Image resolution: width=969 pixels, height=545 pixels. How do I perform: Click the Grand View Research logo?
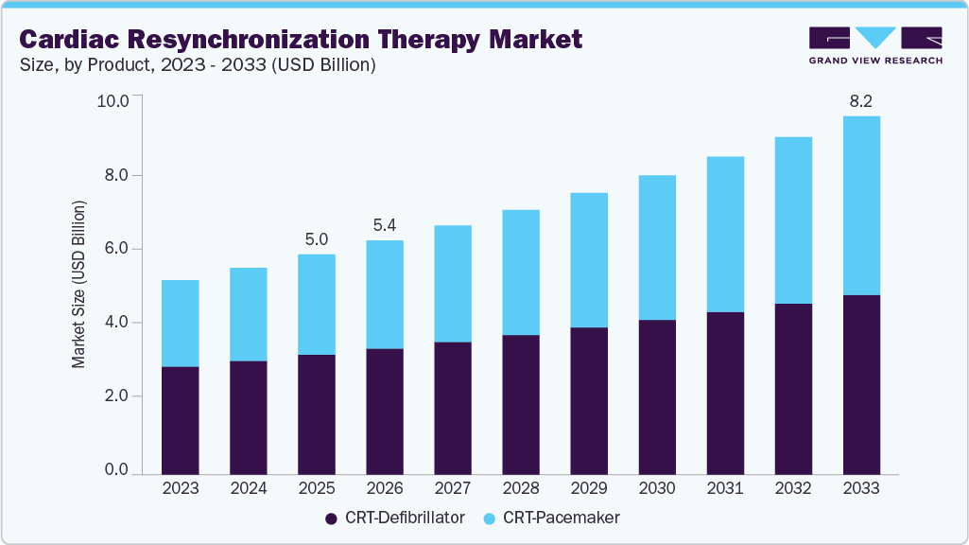(874, 44)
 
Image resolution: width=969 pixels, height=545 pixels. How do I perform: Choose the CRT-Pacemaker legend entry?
(552, 519)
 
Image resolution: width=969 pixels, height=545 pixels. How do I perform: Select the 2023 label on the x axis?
(181, 489)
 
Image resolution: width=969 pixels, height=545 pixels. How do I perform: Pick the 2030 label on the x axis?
(657, 489)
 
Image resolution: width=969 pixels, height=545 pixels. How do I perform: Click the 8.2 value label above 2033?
(860, 101)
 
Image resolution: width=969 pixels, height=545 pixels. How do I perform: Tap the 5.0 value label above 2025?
(317, 239)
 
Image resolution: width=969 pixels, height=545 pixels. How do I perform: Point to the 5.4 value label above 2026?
(385, 226)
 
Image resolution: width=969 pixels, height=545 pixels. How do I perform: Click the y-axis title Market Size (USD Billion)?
(79, 285)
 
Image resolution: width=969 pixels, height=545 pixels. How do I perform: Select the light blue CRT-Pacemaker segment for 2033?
(860, 205)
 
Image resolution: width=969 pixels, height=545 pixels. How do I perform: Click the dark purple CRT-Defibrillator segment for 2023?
(181, 420)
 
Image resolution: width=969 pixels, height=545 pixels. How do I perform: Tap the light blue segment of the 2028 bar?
(521, 272)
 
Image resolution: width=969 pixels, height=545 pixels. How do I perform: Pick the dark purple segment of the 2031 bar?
(725, 393)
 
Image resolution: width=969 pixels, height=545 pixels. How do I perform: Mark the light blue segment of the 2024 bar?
(249, 314)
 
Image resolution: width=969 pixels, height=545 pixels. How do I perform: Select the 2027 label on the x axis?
(453, 489)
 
